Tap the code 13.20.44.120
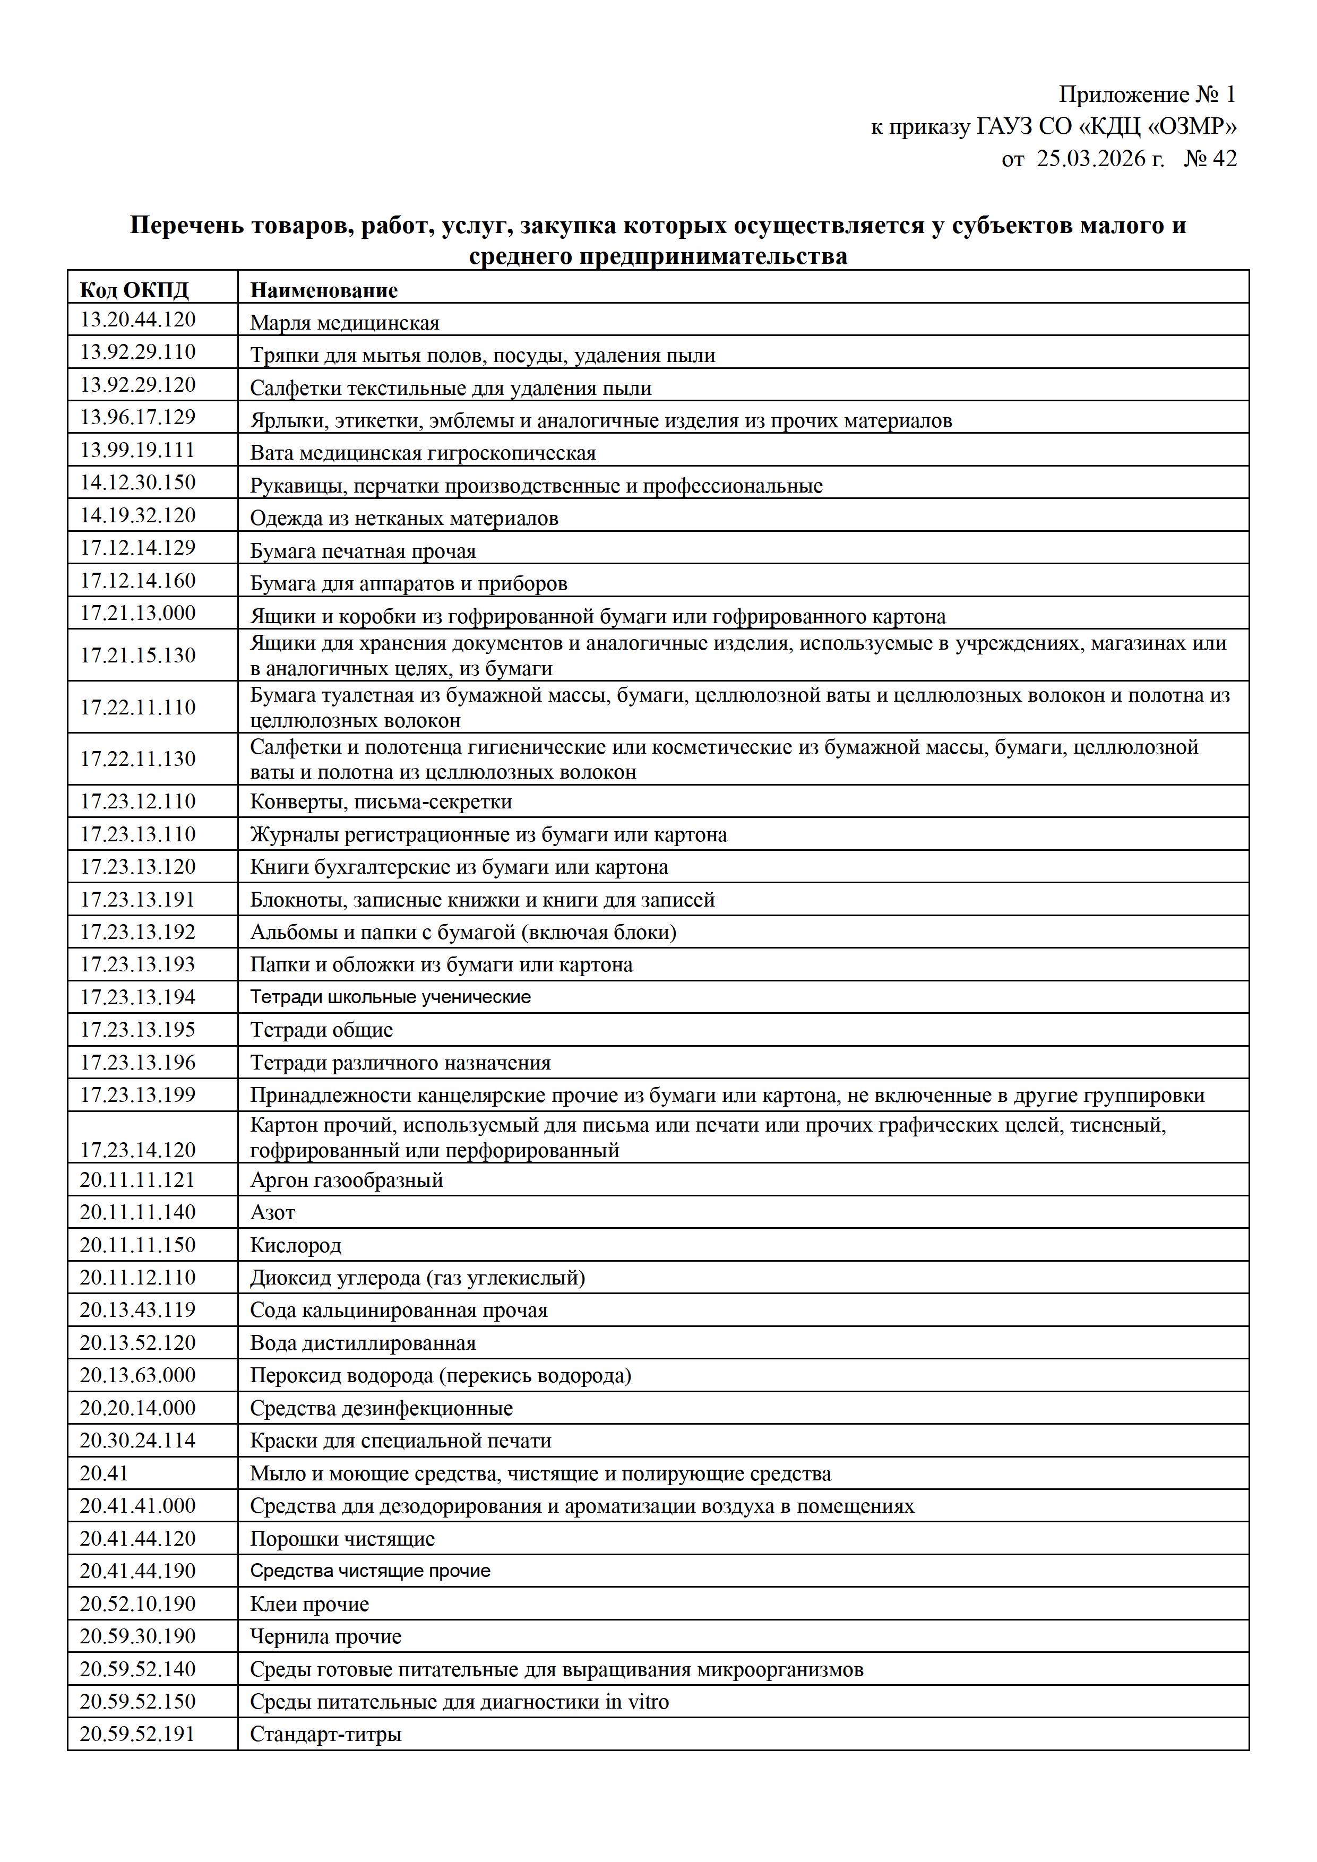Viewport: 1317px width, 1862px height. coord(138,320)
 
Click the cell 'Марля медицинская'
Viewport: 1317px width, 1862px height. coord(345,323)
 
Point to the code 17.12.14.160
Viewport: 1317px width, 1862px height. coord(138,581)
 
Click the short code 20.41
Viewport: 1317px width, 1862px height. coord(104,1473)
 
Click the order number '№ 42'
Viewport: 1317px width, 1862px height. coord(1210,158)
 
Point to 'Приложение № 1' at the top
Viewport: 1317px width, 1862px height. coord(1147,95)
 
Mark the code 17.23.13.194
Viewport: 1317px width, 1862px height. coord(138,997)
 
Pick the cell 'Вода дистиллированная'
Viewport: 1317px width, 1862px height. coord(363,1343)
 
